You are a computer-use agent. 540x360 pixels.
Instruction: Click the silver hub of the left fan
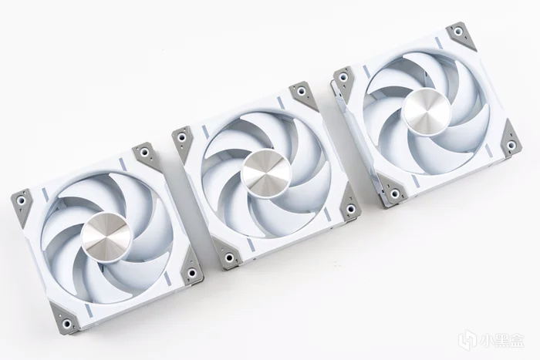106,235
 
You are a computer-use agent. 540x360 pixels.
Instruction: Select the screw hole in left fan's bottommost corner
66,323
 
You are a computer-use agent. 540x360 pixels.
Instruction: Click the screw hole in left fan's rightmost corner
191,273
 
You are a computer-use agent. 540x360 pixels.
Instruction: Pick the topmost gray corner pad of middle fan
303,96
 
